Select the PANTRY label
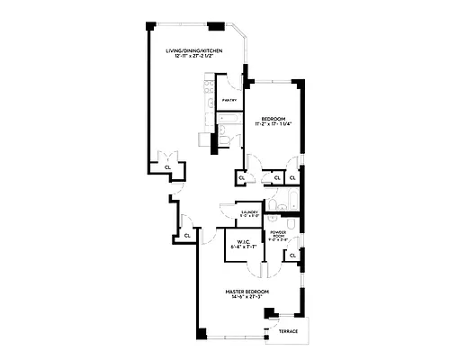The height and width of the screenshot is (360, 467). coord(229,101)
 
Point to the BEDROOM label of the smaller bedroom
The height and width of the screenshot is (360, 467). coord(274,118)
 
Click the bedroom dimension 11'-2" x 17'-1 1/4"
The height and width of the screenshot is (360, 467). coord(274,124)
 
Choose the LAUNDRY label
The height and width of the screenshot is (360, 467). coord(249,211)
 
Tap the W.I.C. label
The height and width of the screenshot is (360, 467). coord(243,241)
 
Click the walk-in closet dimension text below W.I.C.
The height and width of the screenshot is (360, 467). coord(243,247)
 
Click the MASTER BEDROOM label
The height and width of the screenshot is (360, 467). coord(247,291)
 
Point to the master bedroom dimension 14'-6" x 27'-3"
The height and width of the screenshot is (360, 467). coord(247,297)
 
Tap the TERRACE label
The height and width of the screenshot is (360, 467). coord(288,332)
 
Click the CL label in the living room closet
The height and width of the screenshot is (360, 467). coord(167,166)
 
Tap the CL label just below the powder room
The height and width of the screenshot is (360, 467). coord(293,256)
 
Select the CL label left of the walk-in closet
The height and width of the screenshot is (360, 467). coord(186,235)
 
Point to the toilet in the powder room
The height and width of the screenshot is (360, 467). coord(281,219)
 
